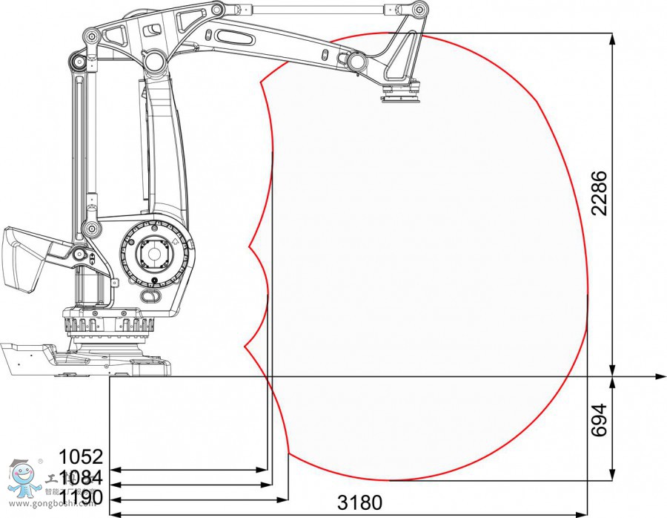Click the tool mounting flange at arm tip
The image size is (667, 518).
tap(400, 95)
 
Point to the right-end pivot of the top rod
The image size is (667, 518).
tap(420, 10)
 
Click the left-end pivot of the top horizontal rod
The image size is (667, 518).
tap(216, 10)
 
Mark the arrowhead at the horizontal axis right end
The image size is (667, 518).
tap(660, 377)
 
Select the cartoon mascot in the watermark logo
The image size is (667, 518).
tap(22, 479)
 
